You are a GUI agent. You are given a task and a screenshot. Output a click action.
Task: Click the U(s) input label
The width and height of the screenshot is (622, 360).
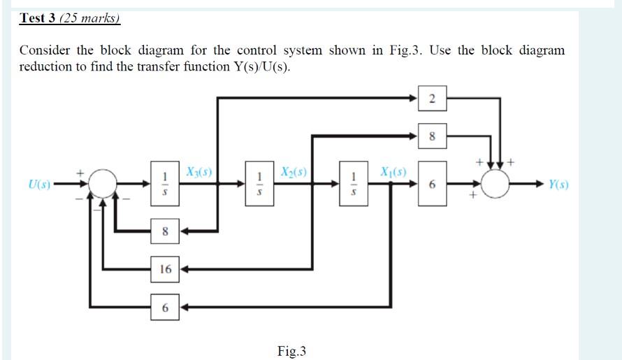coord(39,185)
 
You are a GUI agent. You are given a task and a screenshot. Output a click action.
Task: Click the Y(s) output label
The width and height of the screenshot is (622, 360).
coord(558,185)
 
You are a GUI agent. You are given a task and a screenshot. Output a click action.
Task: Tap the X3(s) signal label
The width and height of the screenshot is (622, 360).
coord(199,171)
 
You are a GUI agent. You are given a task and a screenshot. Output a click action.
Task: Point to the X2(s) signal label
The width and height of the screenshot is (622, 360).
coord(294,171)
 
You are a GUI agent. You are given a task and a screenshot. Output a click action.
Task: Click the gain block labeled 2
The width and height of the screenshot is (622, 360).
coord(432,99)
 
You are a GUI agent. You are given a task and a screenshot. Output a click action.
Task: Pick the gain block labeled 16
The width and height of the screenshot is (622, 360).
coord(166,268)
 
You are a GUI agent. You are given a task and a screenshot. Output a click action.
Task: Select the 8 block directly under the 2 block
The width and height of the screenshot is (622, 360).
coord(432,137)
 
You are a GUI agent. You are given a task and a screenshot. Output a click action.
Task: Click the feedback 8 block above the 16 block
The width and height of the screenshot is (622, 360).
coord(166,231)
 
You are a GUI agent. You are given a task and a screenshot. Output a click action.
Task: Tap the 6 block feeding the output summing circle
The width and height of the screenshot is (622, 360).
coord(432,185)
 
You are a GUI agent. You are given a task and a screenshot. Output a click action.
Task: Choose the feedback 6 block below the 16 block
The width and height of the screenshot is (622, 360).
coord(166,306)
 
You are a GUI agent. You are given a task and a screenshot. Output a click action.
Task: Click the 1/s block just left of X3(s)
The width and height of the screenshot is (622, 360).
coord(166,185)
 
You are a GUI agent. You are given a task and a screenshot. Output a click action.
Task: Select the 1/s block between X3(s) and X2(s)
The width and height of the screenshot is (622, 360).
coord(259,185)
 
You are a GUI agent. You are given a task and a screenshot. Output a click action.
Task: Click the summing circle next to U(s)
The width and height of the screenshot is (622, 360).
coord(104,185)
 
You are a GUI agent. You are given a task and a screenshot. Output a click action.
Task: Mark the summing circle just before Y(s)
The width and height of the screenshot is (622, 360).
coord(499,185)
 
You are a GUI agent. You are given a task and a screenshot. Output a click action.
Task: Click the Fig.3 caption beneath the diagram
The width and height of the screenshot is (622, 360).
coord(291,351)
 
